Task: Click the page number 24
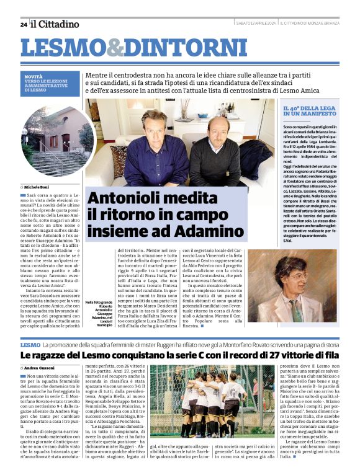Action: tap(23, 25)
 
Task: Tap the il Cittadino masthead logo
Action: tap(55, 24)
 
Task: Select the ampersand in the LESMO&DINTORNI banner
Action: tap(115, 48)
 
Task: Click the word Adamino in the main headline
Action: tap(210, 231)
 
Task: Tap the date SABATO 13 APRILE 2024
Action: tap(256, 24)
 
